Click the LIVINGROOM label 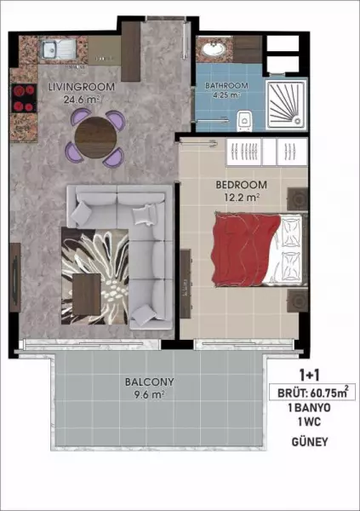click(x=82, y=87)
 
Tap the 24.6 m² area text click(x=82, y=100)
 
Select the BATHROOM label click(x=226, y=86)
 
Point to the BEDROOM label click(x=241, y=185)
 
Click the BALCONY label click(x=150, y=382)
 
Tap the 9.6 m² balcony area click(x=149, y=394)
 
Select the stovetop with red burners click(x=24, y=98)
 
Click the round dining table click(x=95, y=137)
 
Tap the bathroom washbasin click(x=214, y=49)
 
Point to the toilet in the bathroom click(x=244, y=121)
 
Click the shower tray click(x=286, y=105)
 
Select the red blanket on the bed click(x=245, y=249)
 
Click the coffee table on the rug click(x=87, y=295)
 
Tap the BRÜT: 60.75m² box click(x=312, y=392)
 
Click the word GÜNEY click(x=310, y=442)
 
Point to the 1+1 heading click(x=310, y=376)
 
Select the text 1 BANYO click(x=310, y=408)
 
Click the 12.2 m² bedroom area click(x=242, y=198)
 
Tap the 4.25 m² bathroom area click(x=226, y=95)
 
